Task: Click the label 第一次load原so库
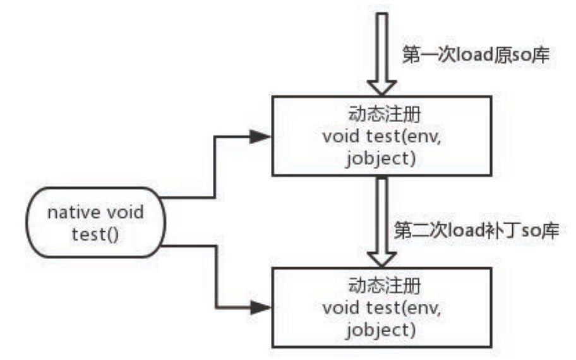click(473, 54)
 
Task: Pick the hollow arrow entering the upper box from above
click(381, 51)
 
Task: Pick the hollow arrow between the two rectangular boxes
click(381, 221)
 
